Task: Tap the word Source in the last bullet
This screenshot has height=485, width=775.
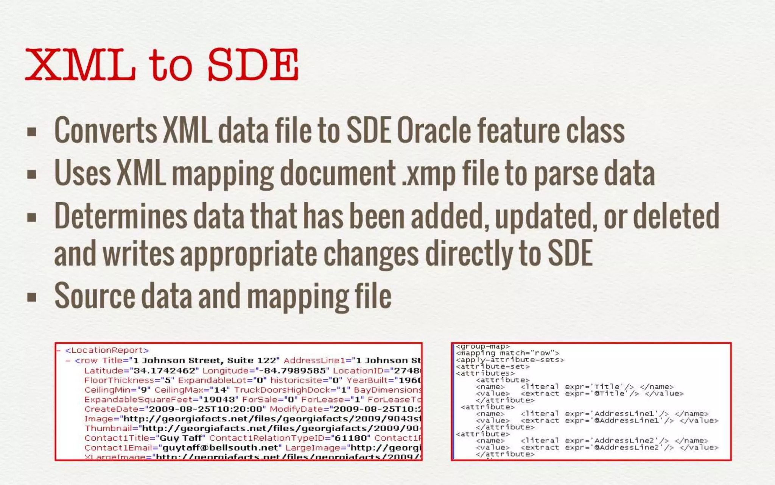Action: click(95, 296)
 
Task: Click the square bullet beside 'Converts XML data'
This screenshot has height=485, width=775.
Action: click(32, 132)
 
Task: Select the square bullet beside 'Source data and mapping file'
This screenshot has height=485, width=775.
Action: click(32, 297)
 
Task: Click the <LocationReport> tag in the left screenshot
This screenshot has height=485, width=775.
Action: click(107, 350)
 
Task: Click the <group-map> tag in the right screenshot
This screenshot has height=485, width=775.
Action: click(482, 346)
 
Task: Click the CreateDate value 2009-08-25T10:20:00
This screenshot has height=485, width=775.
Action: click(206, 409)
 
